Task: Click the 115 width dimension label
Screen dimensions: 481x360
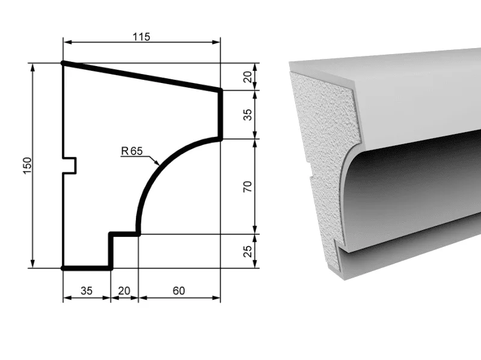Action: point(141,37)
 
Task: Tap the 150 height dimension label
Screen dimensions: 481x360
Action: point(27,166)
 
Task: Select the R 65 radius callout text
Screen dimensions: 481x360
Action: point(132,151)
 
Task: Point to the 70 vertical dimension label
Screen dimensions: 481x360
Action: point(247,186)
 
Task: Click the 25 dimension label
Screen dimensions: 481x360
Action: point(247,251)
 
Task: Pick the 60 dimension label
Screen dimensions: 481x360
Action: point(179,290)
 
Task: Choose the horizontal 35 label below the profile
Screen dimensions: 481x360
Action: point(87,290)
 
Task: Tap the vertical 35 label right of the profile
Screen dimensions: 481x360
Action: point(247,115)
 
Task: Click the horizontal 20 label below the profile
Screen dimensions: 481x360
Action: point(124,290)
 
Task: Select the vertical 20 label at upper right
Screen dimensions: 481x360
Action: point(247,77)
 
